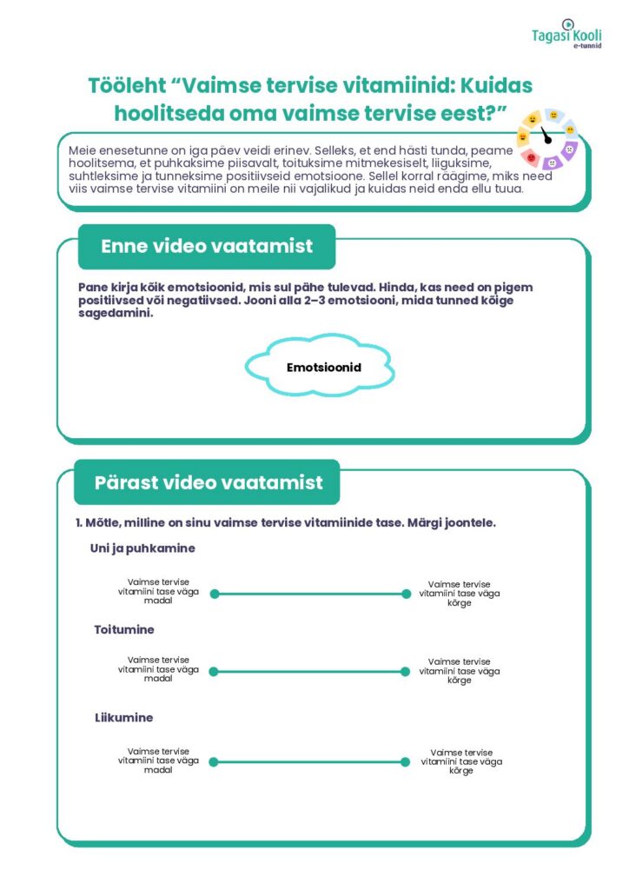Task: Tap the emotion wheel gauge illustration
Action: tap(546, 138)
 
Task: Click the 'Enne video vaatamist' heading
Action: tap(207, 246)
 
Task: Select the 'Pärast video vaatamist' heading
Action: tap(209, 482)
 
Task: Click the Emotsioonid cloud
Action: tap(323, 367)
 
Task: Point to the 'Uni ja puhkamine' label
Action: tap(142, 548)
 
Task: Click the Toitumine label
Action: tap(124, 629)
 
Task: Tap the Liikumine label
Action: tap(123, 718)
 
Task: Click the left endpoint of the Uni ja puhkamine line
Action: tap(215, 594)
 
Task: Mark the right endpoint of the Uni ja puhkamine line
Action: tap(406, 594)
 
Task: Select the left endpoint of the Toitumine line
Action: tap(214, 672)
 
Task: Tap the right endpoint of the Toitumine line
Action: tap(406, 672)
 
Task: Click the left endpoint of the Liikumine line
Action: tap(214, 762)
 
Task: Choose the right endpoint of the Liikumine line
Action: tap(406, 762)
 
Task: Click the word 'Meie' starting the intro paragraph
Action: tap(83, 151)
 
